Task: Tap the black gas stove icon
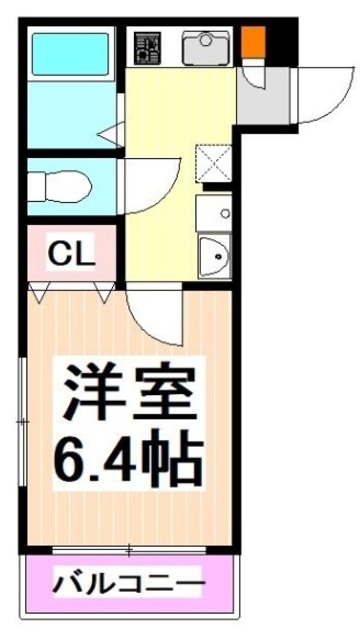(148, 46)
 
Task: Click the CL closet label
(70, 253)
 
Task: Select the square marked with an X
(212, 162)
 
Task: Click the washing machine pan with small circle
(212, 212)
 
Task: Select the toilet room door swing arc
(145, 185)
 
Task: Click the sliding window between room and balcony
(130, 548)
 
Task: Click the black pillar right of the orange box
(282, 42)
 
